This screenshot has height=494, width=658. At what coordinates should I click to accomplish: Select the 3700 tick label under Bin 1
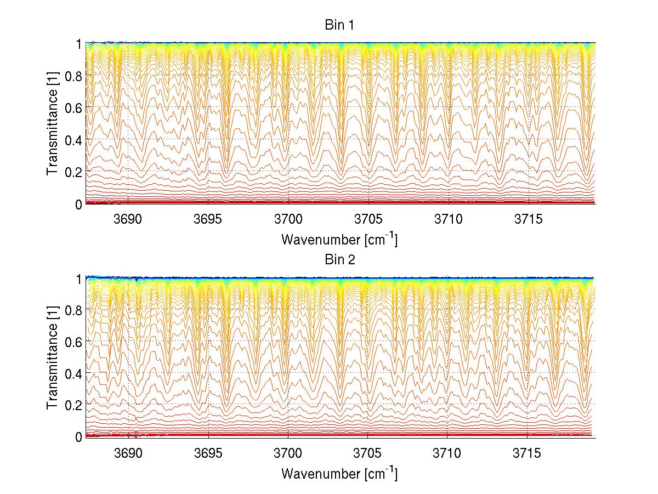point(288,219)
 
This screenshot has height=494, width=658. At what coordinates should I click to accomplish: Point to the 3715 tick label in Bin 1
point(529,219)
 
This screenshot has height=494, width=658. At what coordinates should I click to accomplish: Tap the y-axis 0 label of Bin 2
point(78,436)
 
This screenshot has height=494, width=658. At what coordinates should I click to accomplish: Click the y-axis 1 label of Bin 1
point(78,43)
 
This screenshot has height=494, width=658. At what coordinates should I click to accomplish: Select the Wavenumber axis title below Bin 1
point(339,239)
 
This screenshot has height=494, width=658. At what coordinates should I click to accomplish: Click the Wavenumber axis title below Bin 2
point(339,473)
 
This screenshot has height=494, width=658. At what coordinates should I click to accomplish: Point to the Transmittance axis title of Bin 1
point(53,123)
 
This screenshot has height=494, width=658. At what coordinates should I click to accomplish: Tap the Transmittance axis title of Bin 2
point(53,357)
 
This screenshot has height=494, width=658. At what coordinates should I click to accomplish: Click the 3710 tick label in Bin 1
point(449,219)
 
